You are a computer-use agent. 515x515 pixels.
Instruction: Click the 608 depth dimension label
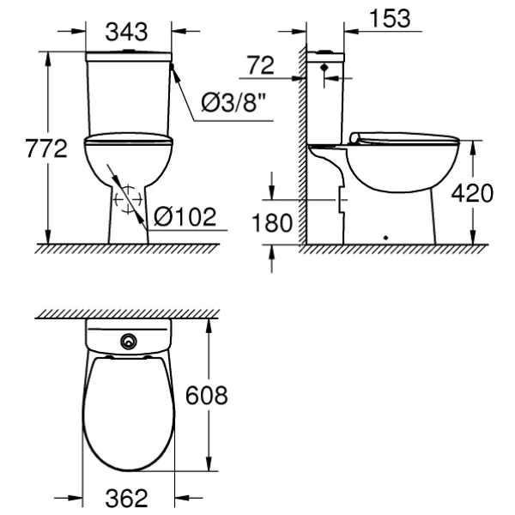(x=207, y=396)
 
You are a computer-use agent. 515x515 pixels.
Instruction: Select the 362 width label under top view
(x=130, y=498)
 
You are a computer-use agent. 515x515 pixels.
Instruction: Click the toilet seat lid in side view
(x=403, y=137)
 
